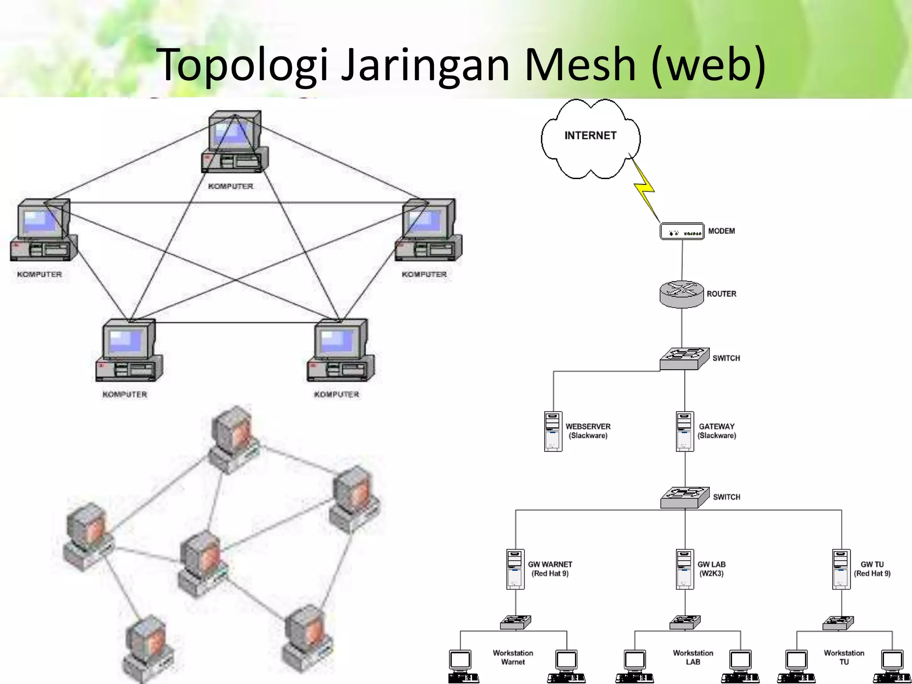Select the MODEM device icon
pos(682,232)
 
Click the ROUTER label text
pos(721,294)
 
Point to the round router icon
pos(681,294)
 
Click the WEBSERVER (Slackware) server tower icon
pos(553,431)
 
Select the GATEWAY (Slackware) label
pos(717,431)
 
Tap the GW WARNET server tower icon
pos(515,569)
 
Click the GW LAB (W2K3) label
pos(711,569)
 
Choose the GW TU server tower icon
pos(841,569)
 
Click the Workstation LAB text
pos(693,657)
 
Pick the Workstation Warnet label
pos(513,657)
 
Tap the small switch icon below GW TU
pos(838,623)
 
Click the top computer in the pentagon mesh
pos(235,142)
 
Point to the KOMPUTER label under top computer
pos(230,186)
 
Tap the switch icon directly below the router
pos(684,359)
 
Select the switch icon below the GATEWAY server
pos(684,497)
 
